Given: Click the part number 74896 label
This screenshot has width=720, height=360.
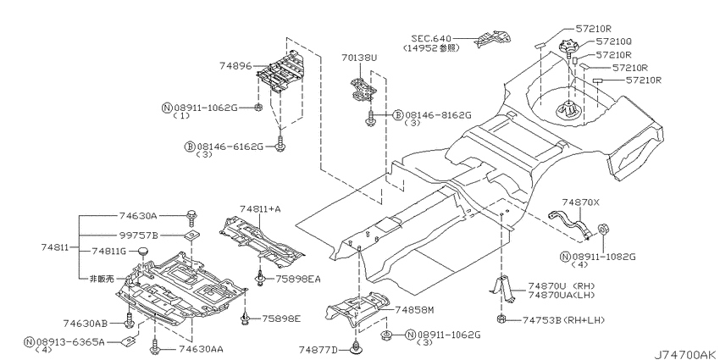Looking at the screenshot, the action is click(x=236, y=66).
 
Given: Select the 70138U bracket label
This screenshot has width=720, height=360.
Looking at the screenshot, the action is click(x=358, y=58).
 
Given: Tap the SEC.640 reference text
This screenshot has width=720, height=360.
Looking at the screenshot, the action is click(x=431, y=38).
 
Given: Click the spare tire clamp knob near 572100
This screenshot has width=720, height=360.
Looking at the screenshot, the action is click(x=568, y=47).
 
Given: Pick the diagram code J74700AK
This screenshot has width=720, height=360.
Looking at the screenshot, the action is click(x=685, y=354).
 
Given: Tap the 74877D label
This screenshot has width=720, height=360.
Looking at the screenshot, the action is click(x=318, y=351).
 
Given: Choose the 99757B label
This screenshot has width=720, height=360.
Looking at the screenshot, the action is click(x=138, y=235).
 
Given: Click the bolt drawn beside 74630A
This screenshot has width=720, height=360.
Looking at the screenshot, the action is click(x=191, y=217).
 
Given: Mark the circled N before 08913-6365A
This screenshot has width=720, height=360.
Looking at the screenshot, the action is click(x=30, y=341).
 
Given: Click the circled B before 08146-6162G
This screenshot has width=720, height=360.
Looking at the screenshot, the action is click(x=190, y=147).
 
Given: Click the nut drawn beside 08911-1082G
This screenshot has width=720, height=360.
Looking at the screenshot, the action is click(x=603, y=230).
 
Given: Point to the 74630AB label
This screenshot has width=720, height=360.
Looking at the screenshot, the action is click(x=86, y=324).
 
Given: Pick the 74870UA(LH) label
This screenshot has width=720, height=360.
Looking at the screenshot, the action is click(x=561, y=296).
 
